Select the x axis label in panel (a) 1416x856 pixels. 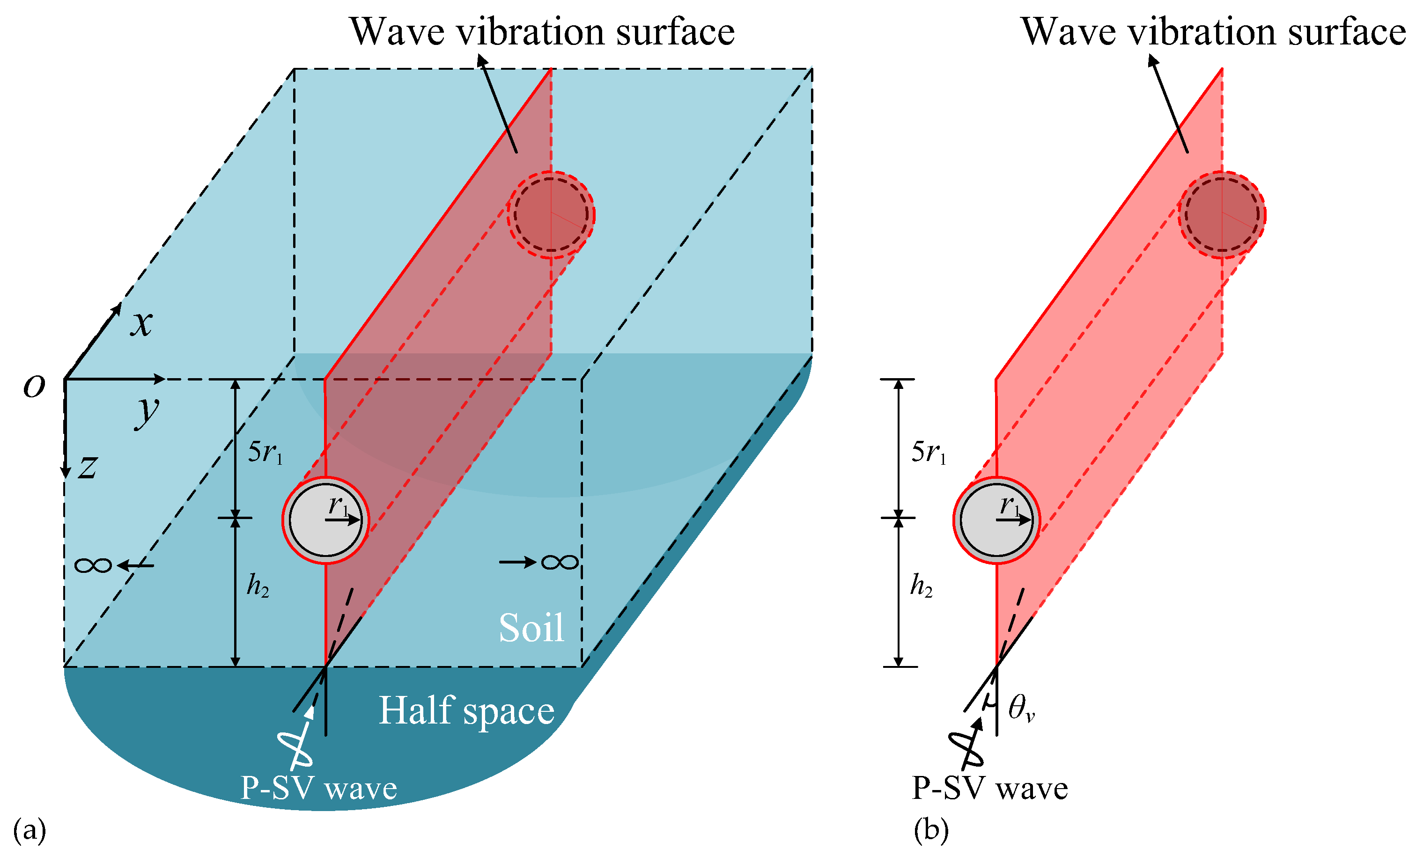point(141,323)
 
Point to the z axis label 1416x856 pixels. point(88,467)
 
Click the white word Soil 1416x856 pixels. point(531,628)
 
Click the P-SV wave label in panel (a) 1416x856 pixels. point(318,788)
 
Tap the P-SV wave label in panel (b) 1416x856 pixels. point(989,788)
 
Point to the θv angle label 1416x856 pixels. point(1021,708)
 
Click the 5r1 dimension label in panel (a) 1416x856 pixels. point(265,453)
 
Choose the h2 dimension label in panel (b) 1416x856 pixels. point(921,586)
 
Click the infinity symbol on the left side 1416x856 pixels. point(93,566)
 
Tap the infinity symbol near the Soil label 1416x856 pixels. point(559,562)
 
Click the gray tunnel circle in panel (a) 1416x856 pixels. point(325,520)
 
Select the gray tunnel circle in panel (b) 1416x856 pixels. point(996,520)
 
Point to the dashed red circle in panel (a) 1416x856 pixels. point(551,214)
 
